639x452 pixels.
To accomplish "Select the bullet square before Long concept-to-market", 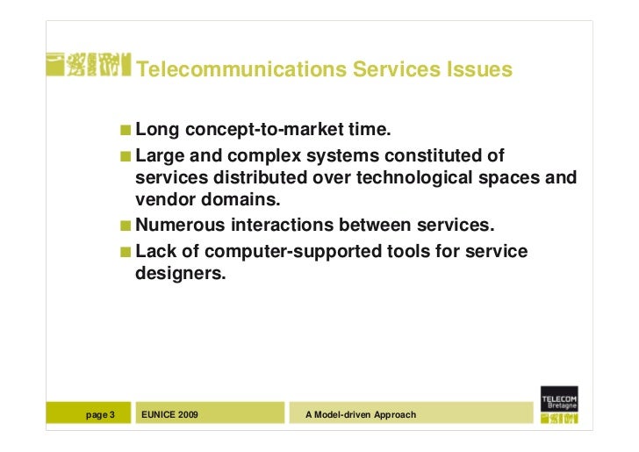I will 128,133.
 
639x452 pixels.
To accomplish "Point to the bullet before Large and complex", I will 128,157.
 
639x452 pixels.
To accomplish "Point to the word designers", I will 180,275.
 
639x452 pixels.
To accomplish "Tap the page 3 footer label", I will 101,413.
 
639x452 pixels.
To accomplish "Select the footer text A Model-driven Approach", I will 360,413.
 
